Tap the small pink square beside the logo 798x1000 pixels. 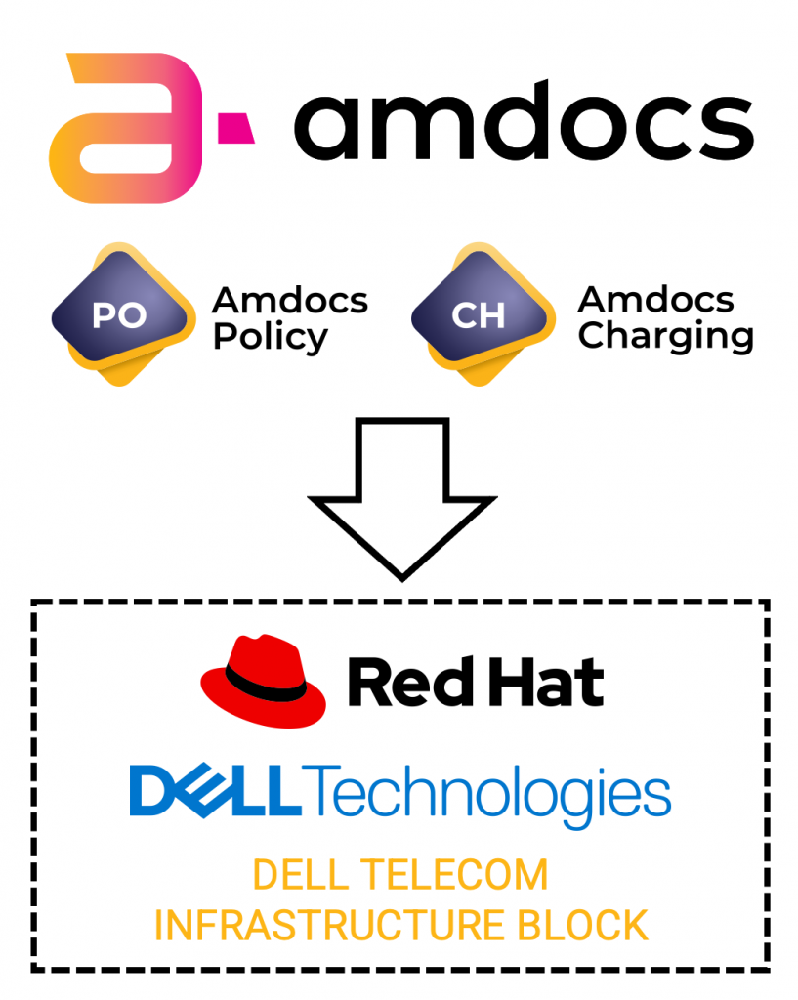pyautogui.click(x=235, y=128)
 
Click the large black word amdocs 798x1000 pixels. pyautogui.click(x=524, y=121)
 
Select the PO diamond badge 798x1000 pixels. pyautogui.click(x=122, y=313)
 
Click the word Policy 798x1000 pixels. pyautogui.click(x=271, y=337)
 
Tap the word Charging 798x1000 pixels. pyautogui.click(x=666, y=336)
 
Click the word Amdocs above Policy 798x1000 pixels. pyautogui.click(x=290, y=300)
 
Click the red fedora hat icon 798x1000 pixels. pyautogui.click(x=264, y=681)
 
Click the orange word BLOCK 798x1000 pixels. pyautogui.click(x=582, y=926)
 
